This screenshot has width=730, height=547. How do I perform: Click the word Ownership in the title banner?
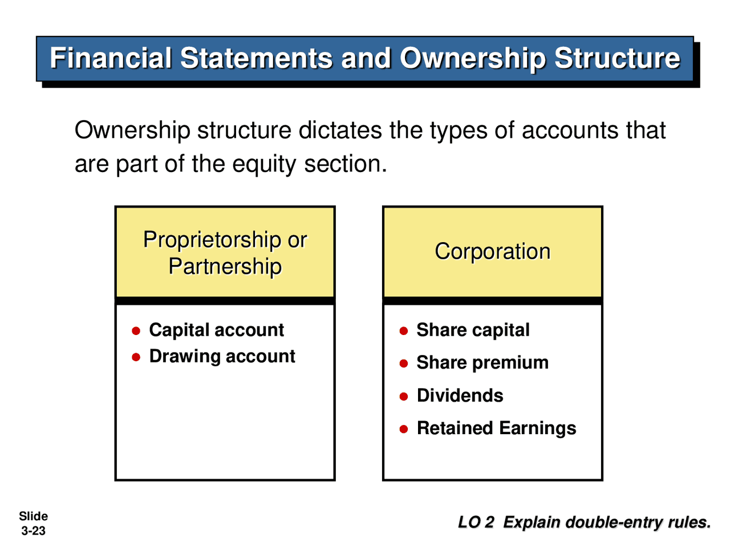pyautogui.click(x=472, y=59)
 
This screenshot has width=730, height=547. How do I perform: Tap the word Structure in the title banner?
pyautogui.click(x=617, y=59)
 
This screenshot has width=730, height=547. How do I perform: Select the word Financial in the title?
pyautogui.click(x=111, y=59)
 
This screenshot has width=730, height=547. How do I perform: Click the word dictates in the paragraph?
pyautogui.click(x=340, y=130)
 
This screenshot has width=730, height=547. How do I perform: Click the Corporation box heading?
pyautogui.click(x=493, y=251)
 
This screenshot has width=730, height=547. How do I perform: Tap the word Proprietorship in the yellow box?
pyautogui.click(x=212, y=240)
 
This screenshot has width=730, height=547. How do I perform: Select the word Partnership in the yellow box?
pyautogui.click(x=225, y=266)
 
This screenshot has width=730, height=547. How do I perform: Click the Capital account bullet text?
pyautogui.click(x=216, y=330)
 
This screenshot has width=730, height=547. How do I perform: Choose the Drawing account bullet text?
pyautogui.click(x=222, y=356)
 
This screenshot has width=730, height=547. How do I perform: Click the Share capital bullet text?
pyautogui.click(x=473, y=330)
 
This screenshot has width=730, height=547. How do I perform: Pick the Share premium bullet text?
pyautogui.click(x=482, y=362)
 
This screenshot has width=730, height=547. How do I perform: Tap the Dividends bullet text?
pyautogui.click(x=460, y=395)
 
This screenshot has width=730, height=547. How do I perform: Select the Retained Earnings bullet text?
pyautogui.click(x=496, y=428)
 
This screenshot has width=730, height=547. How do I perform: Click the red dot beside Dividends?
pyautogui.click(x=404, y=397)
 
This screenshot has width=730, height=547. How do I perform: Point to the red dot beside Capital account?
pyautogui.click(x=136, y=331)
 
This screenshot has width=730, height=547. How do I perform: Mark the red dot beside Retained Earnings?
pyautogui.click(x=404, y=429)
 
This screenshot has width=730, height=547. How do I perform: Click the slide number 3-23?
pyautogui.click(x=33, y=531)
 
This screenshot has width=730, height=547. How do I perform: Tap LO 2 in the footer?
pyautogui.click(x=476, y=522)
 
